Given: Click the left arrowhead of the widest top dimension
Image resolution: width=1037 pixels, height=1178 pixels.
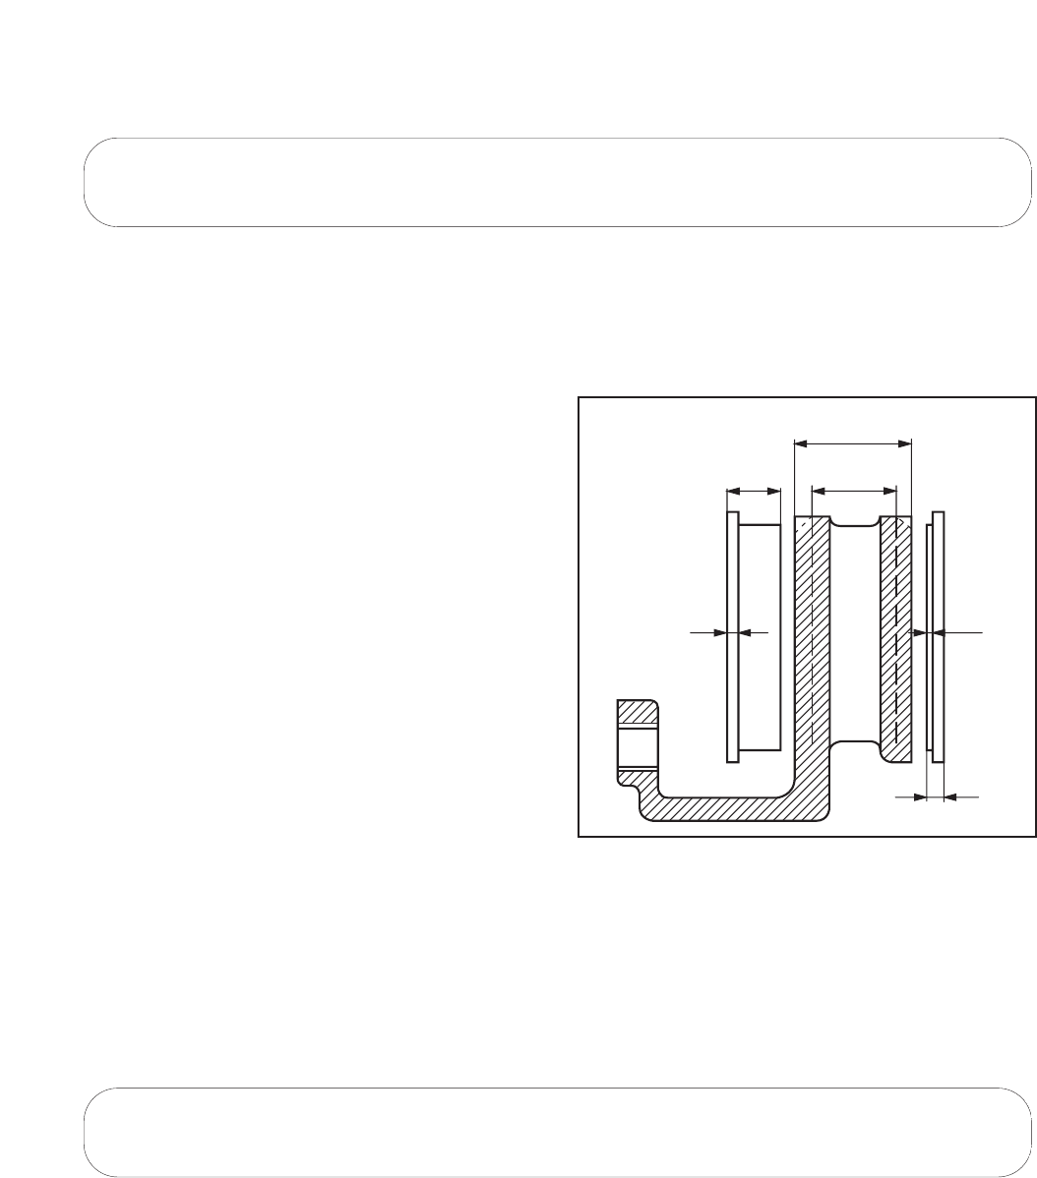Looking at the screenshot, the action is pos(800,443).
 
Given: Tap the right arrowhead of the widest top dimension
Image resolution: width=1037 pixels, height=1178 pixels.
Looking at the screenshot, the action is pos(906,443).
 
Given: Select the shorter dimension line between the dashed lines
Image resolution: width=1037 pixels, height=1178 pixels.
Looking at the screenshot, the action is pos(853,488).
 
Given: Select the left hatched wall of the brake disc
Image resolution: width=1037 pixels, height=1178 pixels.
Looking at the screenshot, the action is pos(812,639).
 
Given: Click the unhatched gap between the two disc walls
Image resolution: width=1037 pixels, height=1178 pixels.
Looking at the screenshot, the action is pos(854,639).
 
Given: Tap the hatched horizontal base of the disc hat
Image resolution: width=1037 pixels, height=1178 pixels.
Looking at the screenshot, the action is pos(728,807).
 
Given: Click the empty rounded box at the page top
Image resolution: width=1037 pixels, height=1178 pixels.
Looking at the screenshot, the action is pos(551,183).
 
